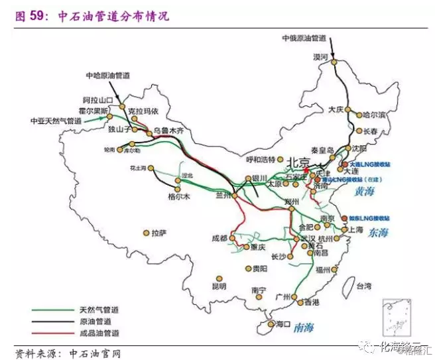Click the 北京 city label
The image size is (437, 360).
pyautogui.click(x=298, y=162)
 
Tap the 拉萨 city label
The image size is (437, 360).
pyautogui.click(x=158, y=233)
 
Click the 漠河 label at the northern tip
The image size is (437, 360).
pyautogui.click(x=320, y=58)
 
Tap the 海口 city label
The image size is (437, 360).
pyautogui.click(x=283, y=325)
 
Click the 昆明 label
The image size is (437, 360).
pyautogui.click(x=218, y=286)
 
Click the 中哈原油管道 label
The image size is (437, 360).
pyautogui.click(x=109, y=76)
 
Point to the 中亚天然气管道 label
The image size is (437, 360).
pyautogui.click(x=56, y=121)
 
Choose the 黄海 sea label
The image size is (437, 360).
pyautogui.click(x=363, y=191)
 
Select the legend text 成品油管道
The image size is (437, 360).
pyautogui.click(x=99, y=332)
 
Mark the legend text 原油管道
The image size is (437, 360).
pyautogui.click(x=95, y=321)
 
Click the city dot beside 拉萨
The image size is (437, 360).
pyautogui.click(x=146, y=233)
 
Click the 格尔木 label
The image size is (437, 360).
pyautogui.click(x=179, y=197)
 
